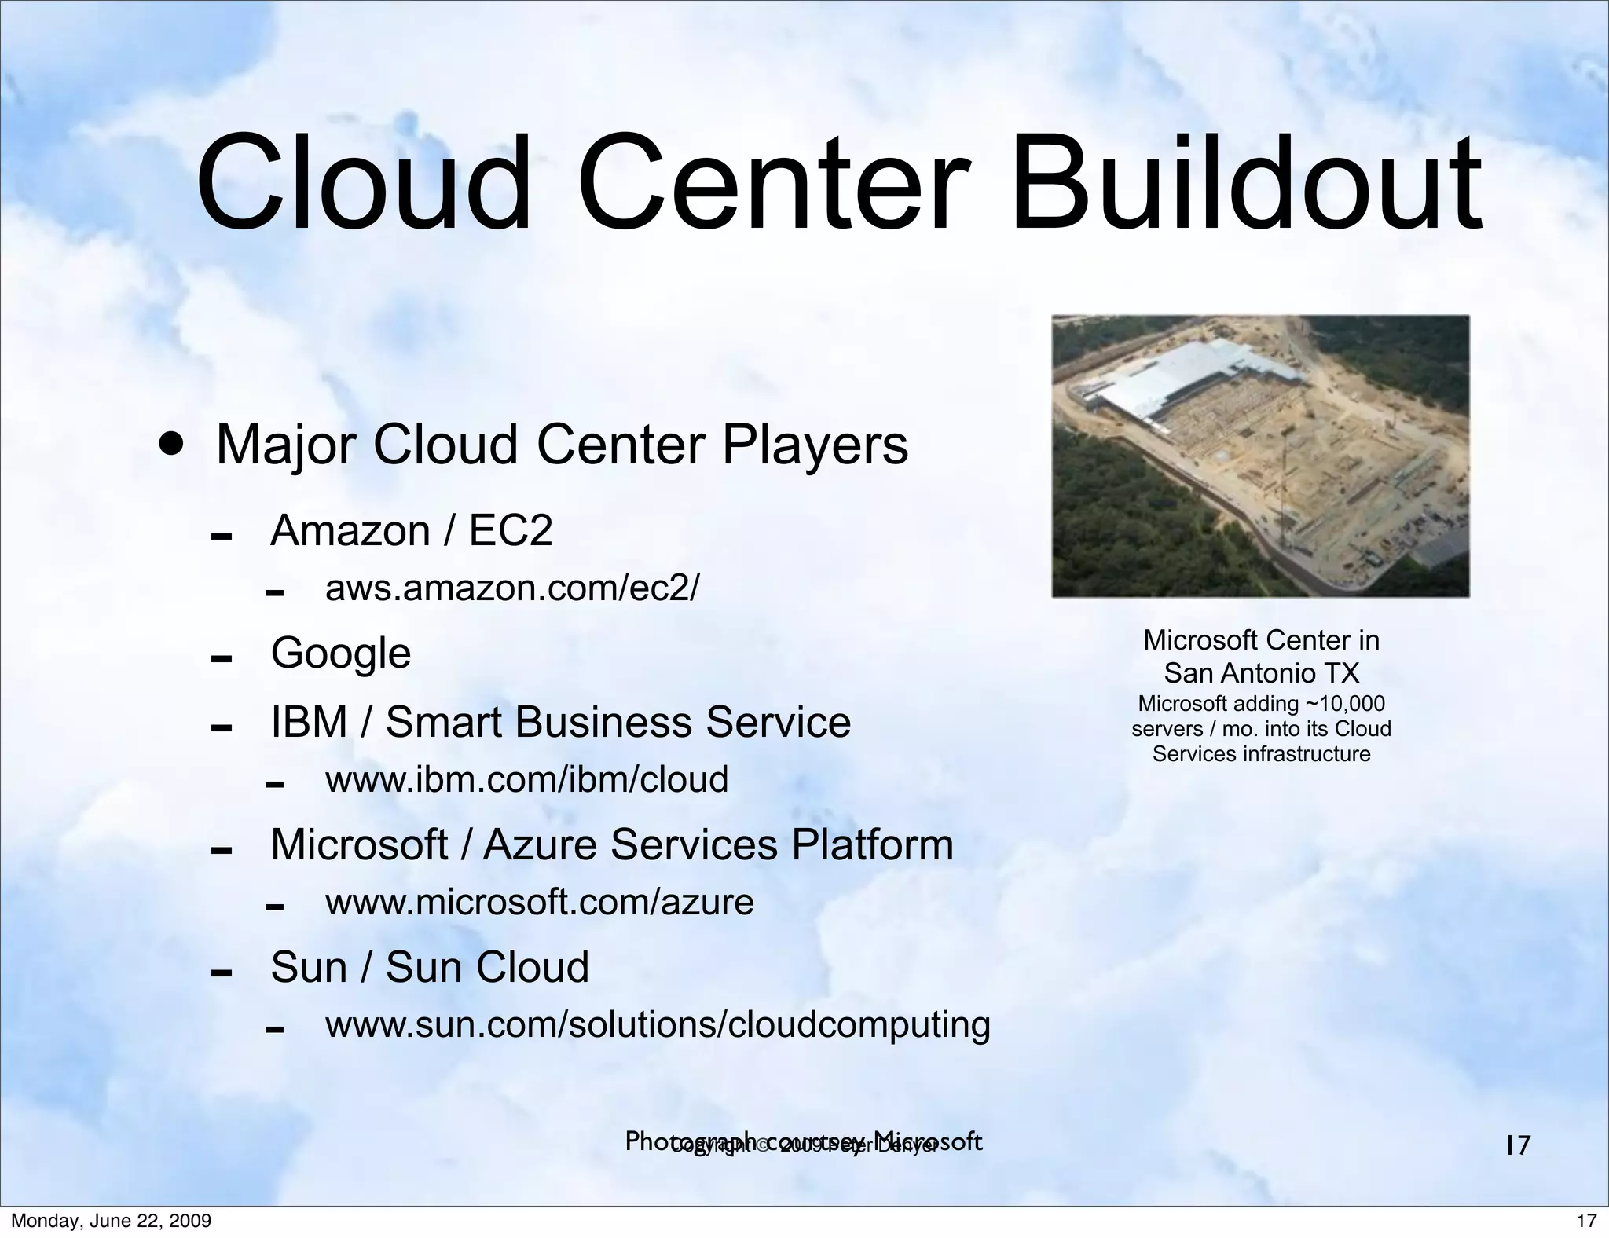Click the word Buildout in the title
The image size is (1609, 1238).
1245,185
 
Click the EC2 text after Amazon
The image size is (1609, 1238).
511,531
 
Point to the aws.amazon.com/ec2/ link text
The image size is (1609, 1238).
511,588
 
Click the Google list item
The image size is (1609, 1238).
340,654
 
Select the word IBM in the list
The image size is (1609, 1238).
309,722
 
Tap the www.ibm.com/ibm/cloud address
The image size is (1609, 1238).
526,779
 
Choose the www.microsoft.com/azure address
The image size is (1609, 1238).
539,902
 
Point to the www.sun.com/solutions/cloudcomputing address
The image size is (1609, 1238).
658,1024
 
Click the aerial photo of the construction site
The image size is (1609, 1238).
1260,456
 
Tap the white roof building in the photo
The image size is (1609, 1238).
1178,377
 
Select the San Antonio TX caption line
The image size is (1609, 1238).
1261,673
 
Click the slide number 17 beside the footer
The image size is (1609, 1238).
1518,1145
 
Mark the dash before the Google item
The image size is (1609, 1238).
221,657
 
